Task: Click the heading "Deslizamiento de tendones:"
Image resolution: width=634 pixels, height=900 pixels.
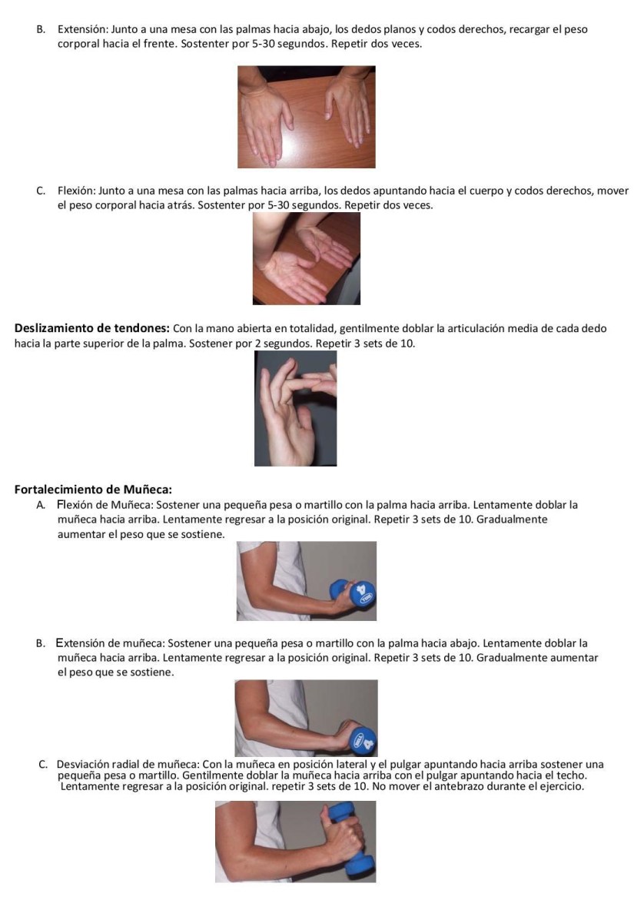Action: [x=92, y=329]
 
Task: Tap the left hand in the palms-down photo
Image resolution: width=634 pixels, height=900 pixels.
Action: [x=268, y=115]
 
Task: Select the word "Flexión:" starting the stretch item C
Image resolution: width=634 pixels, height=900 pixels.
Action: [x=77, y=191]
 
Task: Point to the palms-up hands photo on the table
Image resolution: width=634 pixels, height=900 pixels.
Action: [x=306, y=260]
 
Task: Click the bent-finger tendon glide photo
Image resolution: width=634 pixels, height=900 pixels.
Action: [x=295, y=409]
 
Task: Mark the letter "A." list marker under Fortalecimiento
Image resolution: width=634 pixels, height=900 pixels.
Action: [x=41, y=506]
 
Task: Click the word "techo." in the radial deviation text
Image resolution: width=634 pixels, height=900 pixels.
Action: [x=581, y=775]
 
